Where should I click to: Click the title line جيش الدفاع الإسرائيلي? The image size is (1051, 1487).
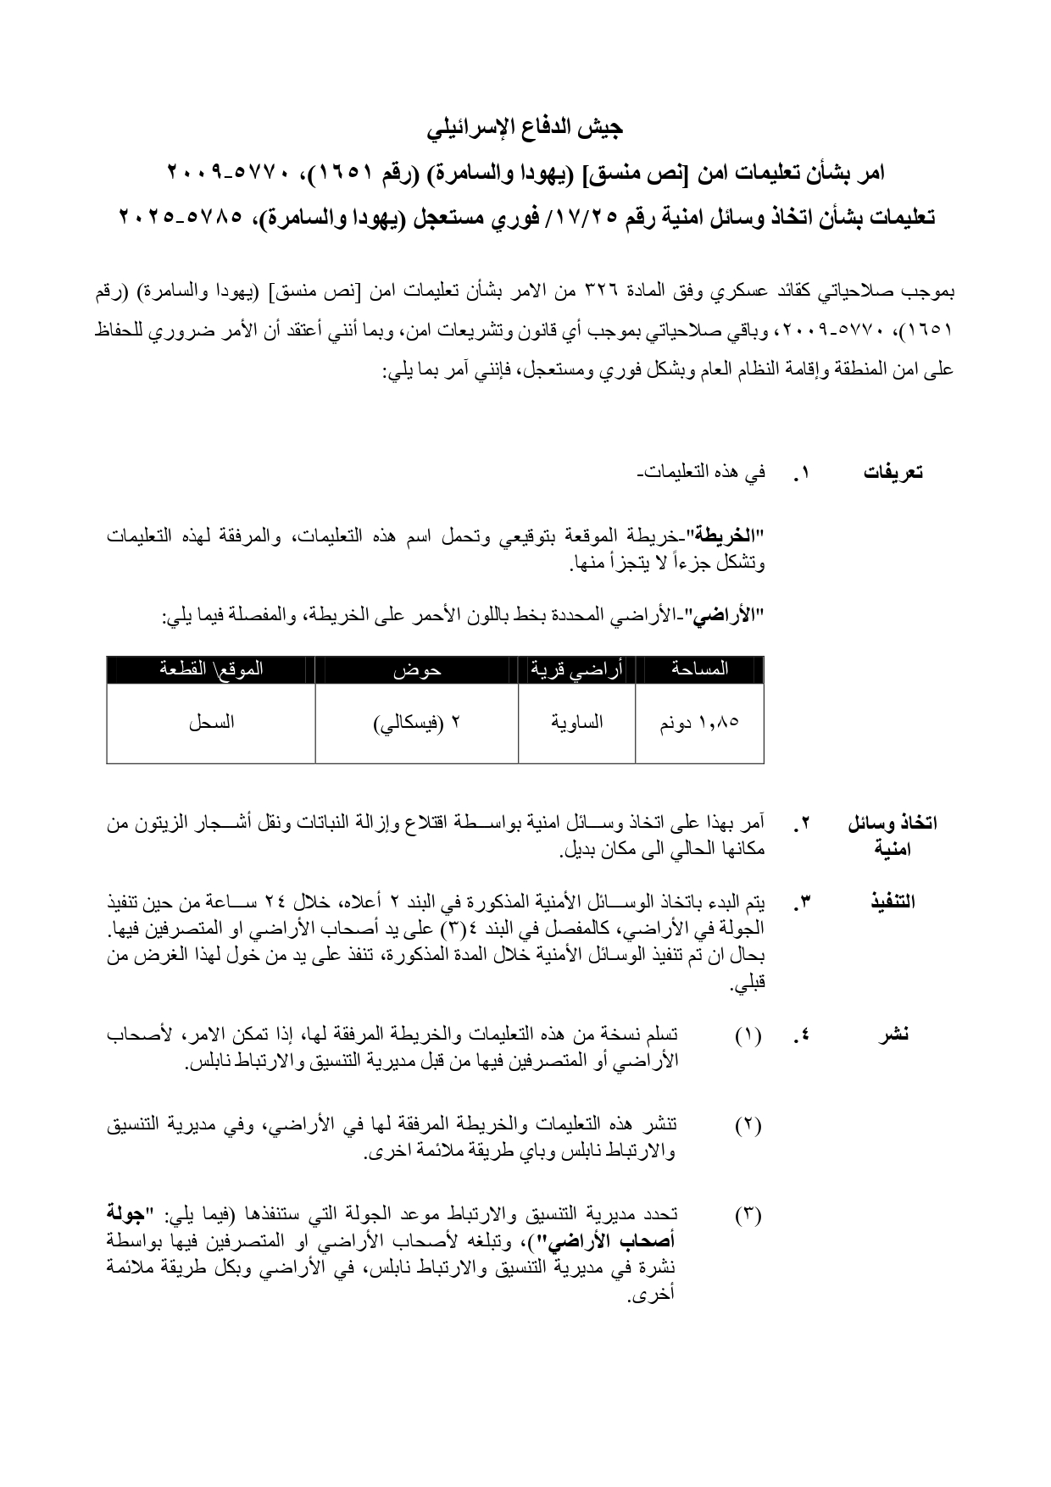(x=525, y=129)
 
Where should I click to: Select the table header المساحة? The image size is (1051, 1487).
(x=699, y=669)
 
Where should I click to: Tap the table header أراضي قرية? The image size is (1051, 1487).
(x=577, y=669)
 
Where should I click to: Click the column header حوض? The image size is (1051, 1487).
(x=417, y=669)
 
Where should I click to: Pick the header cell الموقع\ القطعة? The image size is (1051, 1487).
(x=211, y=669)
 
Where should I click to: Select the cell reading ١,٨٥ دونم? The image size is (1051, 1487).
(x=699, y=723)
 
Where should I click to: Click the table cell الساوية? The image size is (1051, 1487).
(x=577, y=723)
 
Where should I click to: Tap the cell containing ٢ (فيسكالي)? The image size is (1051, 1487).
(x=417, y=723)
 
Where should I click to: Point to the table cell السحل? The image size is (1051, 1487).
(x=211, y=723)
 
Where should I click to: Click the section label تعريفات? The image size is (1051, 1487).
(x=893, y=473)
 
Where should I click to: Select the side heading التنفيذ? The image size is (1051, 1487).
(x=893, y=901)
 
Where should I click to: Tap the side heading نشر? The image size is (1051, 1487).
(x=893, y=1034)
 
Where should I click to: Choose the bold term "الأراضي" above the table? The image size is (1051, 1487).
(x=730, y=618)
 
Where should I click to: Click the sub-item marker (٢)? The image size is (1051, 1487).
(x=748, y=1125)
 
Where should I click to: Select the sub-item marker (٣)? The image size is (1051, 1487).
(x=748, y=1216)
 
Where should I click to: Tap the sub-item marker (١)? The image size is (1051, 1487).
(x=748, y=1035)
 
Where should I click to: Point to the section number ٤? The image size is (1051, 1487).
(x=803, y=1035)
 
